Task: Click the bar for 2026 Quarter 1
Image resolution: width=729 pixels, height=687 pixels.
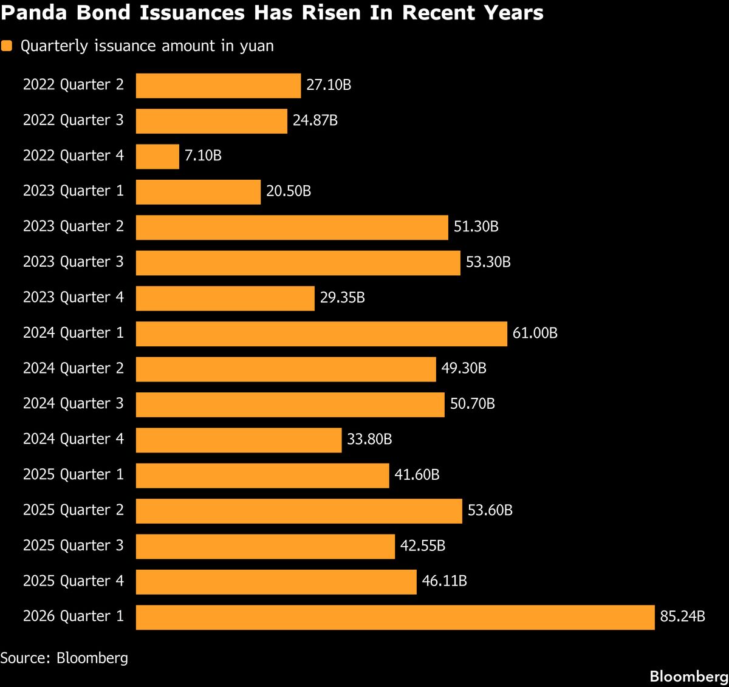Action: point(395,617)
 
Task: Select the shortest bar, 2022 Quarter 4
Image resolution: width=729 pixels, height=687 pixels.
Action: point(157,156)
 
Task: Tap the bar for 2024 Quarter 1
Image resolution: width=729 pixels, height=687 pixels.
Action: point(321,333)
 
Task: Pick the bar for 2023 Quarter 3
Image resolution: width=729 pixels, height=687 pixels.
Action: point(298,262)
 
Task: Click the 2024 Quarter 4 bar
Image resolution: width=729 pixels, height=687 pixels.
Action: point(239,440)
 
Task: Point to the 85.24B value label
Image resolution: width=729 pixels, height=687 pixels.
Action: point(682,617)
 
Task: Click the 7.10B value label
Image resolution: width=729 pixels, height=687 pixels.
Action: point(203,156)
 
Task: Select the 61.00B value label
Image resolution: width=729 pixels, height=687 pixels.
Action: point(535,333)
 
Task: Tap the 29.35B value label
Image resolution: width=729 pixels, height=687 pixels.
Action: point(342,298)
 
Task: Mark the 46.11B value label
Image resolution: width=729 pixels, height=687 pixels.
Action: point(444,581)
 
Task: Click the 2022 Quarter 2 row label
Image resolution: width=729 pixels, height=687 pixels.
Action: point(74,85)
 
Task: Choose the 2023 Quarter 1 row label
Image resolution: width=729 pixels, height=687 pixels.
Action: point(74,191)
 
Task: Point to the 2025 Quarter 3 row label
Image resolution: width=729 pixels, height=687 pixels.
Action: point(74,546)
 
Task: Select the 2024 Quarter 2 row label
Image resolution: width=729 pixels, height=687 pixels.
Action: point(74,369)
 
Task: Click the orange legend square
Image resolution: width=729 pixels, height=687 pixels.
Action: point(7,46)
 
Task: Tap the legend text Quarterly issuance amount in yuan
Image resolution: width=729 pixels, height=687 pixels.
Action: point(147,46)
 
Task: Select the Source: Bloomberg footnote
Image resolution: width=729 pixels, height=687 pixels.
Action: point(64,658)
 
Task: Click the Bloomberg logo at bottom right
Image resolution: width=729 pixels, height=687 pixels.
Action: point(688,677)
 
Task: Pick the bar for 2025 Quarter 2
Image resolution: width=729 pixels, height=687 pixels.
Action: point(299,511)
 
